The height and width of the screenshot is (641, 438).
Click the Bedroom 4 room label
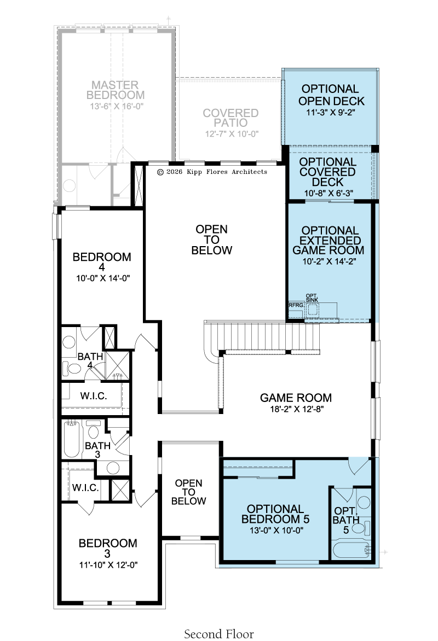click(102, 261)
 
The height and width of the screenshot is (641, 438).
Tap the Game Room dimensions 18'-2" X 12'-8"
click(296, 409)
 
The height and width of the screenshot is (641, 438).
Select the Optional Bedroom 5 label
click(275, 514)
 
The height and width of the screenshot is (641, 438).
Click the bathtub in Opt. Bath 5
click(351, 550)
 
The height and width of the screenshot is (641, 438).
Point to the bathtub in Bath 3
click(72, 440)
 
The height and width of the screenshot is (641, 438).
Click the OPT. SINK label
click(312, 298)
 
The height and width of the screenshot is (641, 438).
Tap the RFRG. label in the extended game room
click(296, 305)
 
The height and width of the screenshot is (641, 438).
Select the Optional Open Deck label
click(331, 95)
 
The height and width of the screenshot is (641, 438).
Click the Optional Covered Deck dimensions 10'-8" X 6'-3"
click(328, 193)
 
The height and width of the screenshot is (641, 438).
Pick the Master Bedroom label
click(115, 90)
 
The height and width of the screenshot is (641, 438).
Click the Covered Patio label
click(230, 118)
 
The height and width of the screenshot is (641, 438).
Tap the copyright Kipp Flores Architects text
click(212, 172)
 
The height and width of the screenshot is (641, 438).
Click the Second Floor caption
click(218, 634)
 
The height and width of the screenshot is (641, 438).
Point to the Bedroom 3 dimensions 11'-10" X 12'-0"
click(108, 565)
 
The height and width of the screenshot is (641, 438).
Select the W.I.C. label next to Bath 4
click(93, 396)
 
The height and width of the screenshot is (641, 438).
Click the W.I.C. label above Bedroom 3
click(85, 487)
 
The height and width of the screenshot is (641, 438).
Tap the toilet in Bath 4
click(71, 369)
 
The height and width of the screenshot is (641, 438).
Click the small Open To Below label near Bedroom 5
click(188, 492)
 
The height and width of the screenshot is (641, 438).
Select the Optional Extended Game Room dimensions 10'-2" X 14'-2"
click(329, 261)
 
